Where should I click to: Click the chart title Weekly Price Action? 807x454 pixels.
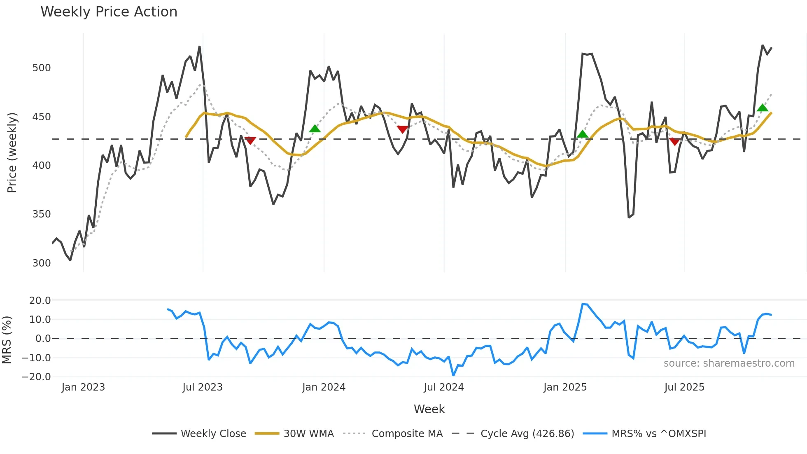(109, 12)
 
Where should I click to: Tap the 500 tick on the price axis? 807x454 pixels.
(41, 68)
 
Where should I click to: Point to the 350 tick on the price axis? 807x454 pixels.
(41, 214)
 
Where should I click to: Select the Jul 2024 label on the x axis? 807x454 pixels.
(443, 387)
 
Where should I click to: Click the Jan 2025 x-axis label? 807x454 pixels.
(564, 387)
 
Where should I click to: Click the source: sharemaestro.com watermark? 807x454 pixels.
(729, 363)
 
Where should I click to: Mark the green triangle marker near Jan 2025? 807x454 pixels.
(582, 134)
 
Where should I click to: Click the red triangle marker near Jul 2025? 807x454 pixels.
(674, 142)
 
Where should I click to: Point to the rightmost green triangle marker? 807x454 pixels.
(762, 108)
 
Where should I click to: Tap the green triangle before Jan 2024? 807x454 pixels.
(315, 129)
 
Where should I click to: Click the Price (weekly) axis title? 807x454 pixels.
(12, 152)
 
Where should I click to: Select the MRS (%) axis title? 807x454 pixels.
(7, 340)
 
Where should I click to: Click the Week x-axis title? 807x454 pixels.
(429, 409)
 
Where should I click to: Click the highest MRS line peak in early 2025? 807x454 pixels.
(583, 304)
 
